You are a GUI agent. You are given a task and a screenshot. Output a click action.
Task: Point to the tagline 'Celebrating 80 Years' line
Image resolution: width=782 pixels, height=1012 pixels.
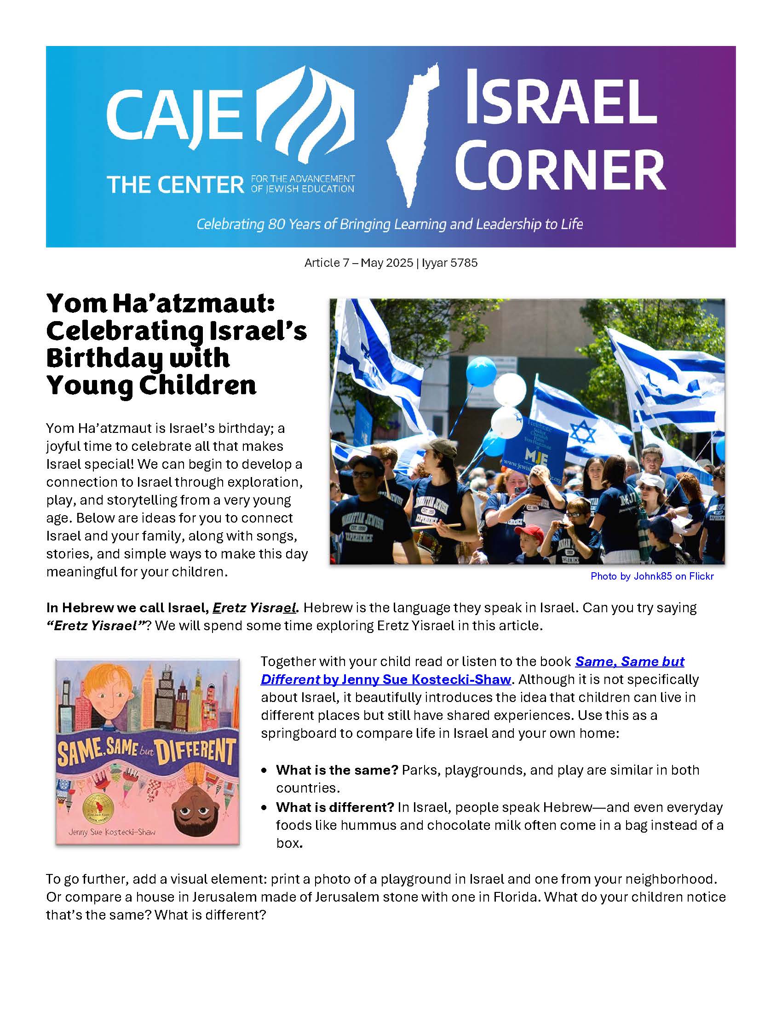pyautogui.click(x=390, y=224)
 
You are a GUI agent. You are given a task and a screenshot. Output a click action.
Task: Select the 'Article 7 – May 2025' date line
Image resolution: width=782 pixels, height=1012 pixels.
pyautogui.click(x=391, y=263)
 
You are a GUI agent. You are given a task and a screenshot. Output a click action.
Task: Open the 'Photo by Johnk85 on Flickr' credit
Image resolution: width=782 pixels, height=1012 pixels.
pyautogui.click(x=652, y=576)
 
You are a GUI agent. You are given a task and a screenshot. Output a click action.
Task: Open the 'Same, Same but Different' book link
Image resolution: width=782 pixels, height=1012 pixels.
pyautogui.click(x=472, y=670)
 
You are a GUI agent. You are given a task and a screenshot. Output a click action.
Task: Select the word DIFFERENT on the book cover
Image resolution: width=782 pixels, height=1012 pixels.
pyautogui.click(x=195, y=752)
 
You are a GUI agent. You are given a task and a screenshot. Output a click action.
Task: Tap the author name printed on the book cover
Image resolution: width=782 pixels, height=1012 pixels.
pyautogui.click(x=112, y=832)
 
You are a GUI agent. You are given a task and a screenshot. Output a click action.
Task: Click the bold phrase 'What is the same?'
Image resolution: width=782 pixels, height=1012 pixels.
pyautogui.click(x=337, y=770)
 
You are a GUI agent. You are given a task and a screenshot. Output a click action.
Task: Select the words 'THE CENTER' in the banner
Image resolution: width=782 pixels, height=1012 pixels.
pyautogui.click(x=176, y=185)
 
